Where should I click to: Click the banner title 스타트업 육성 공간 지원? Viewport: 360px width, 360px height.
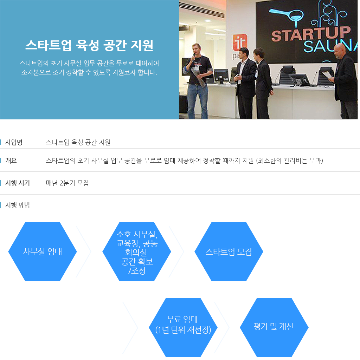pyautogui.click(x=89, y=45)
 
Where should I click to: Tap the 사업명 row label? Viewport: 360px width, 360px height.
pyautogui.click(x=14, y=142)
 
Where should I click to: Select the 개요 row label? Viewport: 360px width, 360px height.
pyautogui.click(x=11, y=161)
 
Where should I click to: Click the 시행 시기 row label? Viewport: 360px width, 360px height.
pyautogui.click(x=18, y=183)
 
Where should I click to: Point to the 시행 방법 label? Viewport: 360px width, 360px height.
pyautogui.click(x=18, y=205)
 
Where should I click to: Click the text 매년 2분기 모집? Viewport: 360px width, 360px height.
pyautogui.click(x=67, y=183)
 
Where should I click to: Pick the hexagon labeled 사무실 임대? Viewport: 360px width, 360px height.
pyautogui.click(x=43, y=251)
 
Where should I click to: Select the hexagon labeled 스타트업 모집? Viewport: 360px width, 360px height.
pyautogui.click(x=229, y=251)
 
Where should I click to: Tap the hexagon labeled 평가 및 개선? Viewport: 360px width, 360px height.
pyautogui.click(x=274, y=327)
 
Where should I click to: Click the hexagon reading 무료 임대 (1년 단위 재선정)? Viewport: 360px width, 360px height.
pyautogui.click(x=183, y=327)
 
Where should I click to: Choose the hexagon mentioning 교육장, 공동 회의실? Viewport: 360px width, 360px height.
pyautogui.click(x=137, y=251)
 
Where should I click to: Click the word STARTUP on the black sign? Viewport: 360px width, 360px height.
pyautogui.click(x=311, y=33)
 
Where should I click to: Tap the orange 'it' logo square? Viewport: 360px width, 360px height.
pyautogui.click(x=240, y=42)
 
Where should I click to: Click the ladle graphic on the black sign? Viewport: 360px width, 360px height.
pyautogui.click(x=287, y=16)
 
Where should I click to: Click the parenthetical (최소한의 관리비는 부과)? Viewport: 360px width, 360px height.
pyautogui.click(x=290, y=161)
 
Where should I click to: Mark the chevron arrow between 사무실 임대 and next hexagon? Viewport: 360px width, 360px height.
pyautogui.click(x=84, y=251)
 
